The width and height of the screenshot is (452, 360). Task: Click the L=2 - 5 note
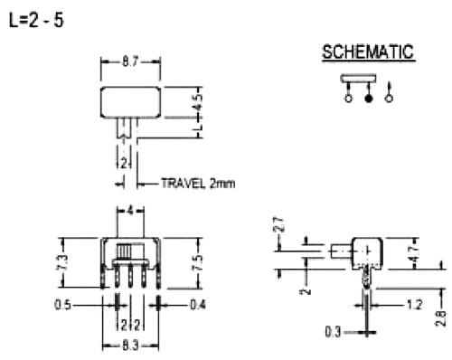(36, 21)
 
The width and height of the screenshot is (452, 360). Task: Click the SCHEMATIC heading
(368, 52)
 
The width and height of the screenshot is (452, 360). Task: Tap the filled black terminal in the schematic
(368, 99)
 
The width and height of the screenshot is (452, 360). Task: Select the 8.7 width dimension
(130, 62)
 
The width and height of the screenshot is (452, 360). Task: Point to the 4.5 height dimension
(198, 102)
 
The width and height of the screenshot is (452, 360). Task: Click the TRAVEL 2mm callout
(198, 184)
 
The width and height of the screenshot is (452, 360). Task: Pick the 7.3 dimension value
(63, 262)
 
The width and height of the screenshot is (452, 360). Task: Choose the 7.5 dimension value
(198, 263)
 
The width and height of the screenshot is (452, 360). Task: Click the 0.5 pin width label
(62, 305)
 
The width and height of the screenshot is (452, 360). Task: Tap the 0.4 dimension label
(198, 305)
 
